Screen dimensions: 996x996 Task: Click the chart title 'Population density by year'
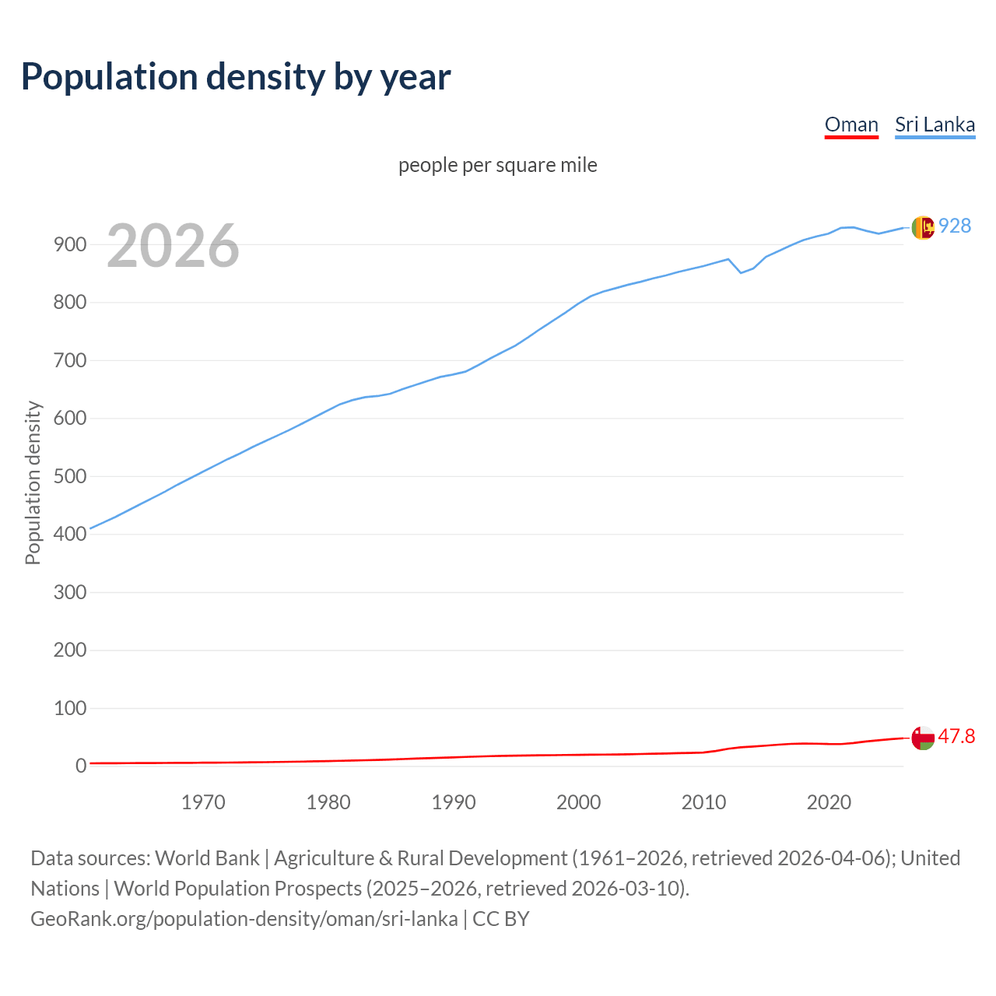pos(236,76)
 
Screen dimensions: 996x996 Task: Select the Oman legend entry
pos(851,124)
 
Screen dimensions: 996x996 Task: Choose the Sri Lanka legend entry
pos(935,124)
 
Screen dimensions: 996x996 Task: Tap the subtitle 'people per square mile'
pos(498,165)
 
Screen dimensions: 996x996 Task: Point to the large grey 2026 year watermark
pos(173,246)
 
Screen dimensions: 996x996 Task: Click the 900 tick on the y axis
pos(69,244)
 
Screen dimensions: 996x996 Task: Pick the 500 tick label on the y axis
pos(69,476)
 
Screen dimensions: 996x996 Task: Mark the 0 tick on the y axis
pos(81,766)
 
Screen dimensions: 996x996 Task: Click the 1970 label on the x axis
pos(203,802)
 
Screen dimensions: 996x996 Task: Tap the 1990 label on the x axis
pos(454,802)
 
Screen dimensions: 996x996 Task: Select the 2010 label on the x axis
pos(703,802)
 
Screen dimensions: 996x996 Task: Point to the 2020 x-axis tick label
pos(829,802)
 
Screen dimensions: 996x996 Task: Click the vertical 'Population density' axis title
pos(33,482)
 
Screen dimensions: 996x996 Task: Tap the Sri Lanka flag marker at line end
pos(923,227)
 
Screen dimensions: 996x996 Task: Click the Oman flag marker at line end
pos(923,738)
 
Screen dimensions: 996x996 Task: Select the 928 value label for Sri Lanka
pos(955,226)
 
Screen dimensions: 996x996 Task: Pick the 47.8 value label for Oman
pos(956,736)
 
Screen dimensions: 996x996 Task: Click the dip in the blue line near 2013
pos(741,272)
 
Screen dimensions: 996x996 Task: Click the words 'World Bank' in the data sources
pos(207,858)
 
